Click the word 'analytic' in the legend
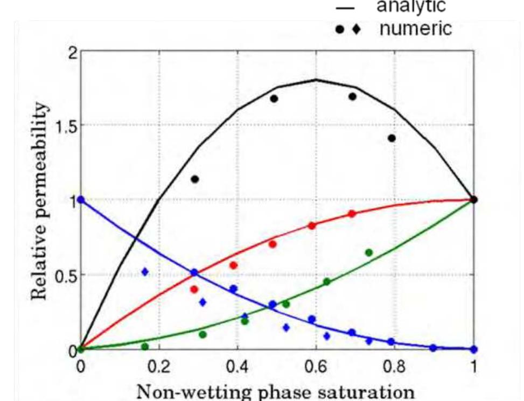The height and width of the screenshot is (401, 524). pos(411,6)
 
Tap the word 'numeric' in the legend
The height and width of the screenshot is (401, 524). pos(415,28)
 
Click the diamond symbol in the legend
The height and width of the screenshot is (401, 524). pos(356,29)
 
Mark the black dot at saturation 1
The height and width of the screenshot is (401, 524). pos(474,200)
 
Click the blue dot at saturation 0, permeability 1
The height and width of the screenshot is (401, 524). pos(81,200)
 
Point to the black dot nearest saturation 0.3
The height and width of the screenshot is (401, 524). pos(195,179)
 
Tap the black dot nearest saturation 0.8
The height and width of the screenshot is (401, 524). pos(392,138)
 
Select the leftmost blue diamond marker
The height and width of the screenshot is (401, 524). pos(144,272)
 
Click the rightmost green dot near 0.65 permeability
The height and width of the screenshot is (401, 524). pos(369,252)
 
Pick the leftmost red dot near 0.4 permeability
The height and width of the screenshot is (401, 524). pos(194,290)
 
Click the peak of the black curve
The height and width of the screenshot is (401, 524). pos(316,80)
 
